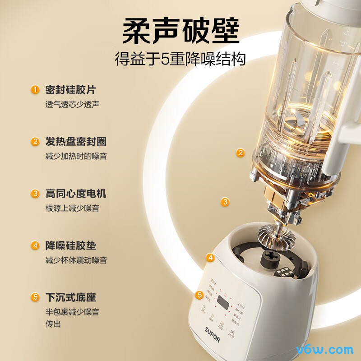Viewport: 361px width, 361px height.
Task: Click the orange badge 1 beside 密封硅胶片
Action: [x=35, y=89]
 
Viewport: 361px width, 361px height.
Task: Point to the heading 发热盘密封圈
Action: [x=75, y=141]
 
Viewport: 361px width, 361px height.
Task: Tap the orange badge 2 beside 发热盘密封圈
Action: [x=35, y=141]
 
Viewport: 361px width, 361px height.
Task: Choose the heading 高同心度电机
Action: [x=75, y=194]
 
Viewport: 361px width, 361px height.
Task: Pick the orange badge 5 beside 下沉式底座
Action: [x=35, y=297]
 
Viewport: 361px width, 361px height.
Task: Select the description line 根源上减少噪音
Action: [x=72, y=208]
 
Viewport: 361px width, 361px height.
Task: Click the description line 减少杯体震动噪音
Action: [x=76, y=260]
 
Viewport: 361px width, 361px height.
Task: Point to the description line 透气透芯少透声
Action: [x=72, y=104]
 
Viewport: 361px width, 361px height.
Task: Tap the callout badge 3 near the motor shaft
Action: [x=225, y=202]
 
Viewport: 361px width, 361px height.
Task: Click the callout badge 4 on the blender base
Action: [x=210, y=258]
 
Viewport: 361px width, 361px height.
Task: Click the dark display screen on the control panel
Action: [x=222, y=303]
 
